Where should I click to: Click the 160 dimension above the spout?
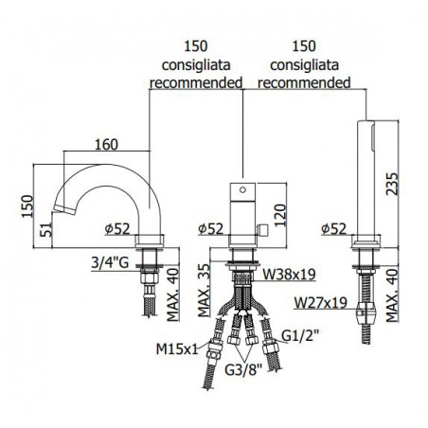[107, 145]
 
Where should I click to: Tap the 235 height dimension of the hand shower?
[393, 184]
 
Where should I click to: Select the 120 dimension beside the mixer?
[280, 216]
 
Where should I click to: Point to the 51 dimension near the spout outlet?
[45, 229]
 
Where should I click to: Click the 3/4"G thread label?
[110, 262]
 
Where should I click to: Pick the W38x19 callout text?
[289, 274]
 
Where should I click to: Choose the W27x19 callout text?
[321, 303]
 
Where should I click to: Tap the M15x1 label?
[177, 348]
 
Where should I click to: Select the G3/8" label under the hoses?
[243, 370]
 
